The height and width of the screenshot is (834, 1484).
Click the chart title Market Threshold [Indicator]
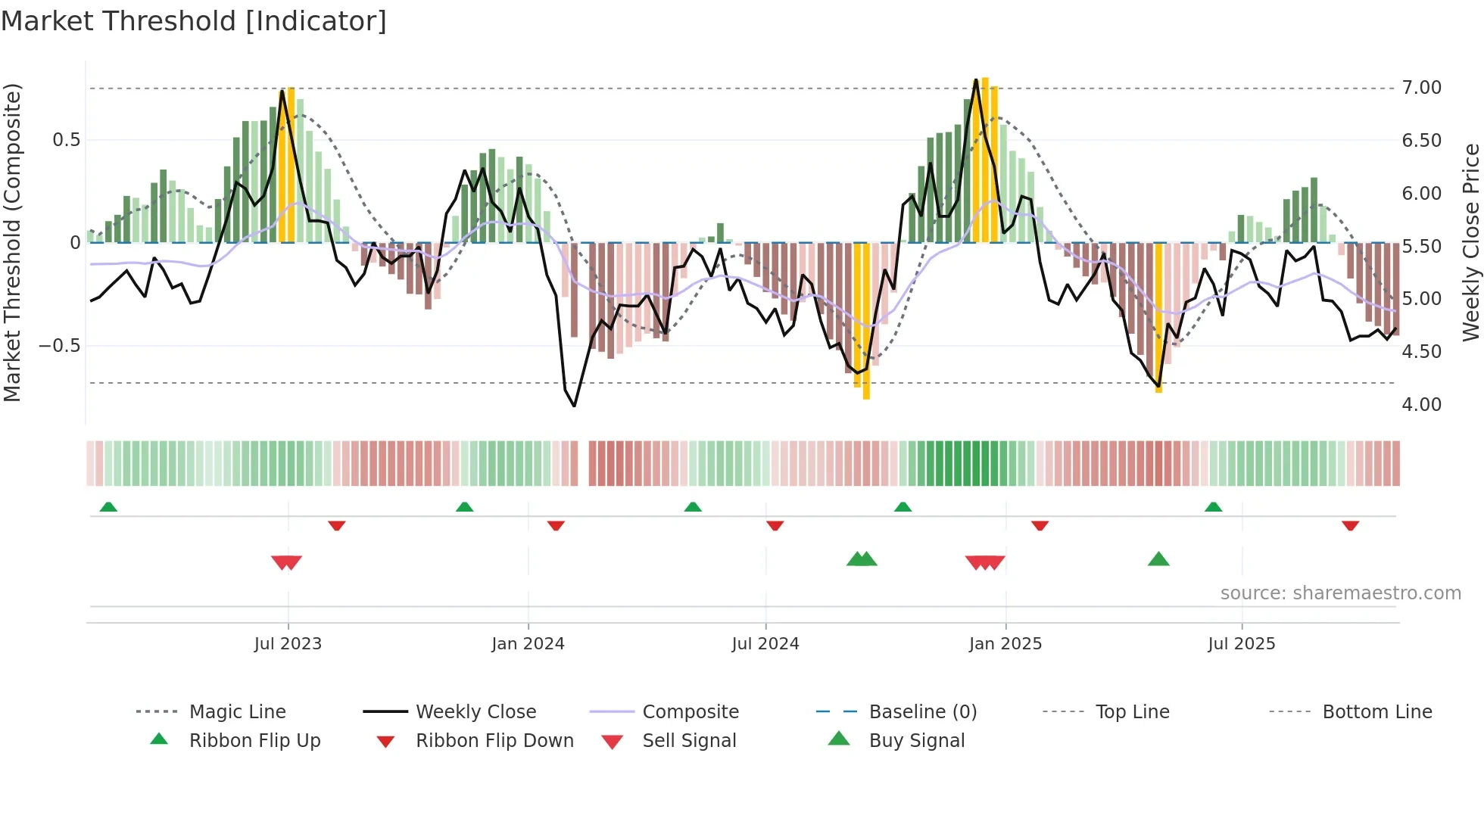click(194, 21)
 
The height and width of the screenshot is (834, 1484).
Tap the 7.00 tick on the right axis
click(1421, 88)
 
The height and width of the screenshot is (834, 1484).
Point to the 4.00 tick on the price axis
click(1421, 405)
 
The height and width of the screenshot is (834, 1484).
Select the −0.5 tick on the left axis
click(60, 346)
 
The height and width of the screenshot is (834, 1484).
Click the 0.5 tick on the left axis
click(66, 140)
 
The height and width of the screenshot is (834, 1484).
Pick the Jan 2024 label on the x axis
click(528, 644)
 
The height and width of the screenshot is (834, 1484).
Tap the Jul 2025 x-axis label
click(1241, 644)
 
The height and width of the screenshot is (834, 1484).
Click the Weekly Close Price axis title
click(1470, 242)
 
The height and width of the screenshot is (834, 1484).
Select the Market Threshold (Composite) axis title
click(12, 242)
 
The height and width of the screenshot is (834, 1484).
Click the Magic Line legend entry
click(237, 712)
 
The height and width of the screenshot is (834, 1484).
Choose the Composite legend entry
click(690, 712)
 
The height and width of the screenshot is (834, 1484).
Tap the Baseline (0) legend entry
click(922, 712)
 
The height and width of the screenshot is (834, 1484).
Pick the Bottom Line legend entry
click(1376, 712)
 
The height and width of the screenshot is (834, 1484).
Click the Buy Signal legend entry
click(916, 741)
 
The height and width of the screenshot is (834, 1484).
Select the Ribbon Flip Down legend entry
click(494, 741)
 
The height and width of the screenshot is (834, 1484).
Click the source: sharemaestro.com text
click(1340, 593)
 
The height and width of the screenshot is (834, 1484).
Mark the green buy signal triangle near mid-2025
click(1158, 560)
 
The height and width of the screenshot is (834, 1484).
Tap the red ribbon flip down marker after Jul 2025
click(1350, 525)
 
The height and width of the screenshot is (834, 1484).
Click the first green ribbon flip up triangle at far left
click(108, 506)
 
